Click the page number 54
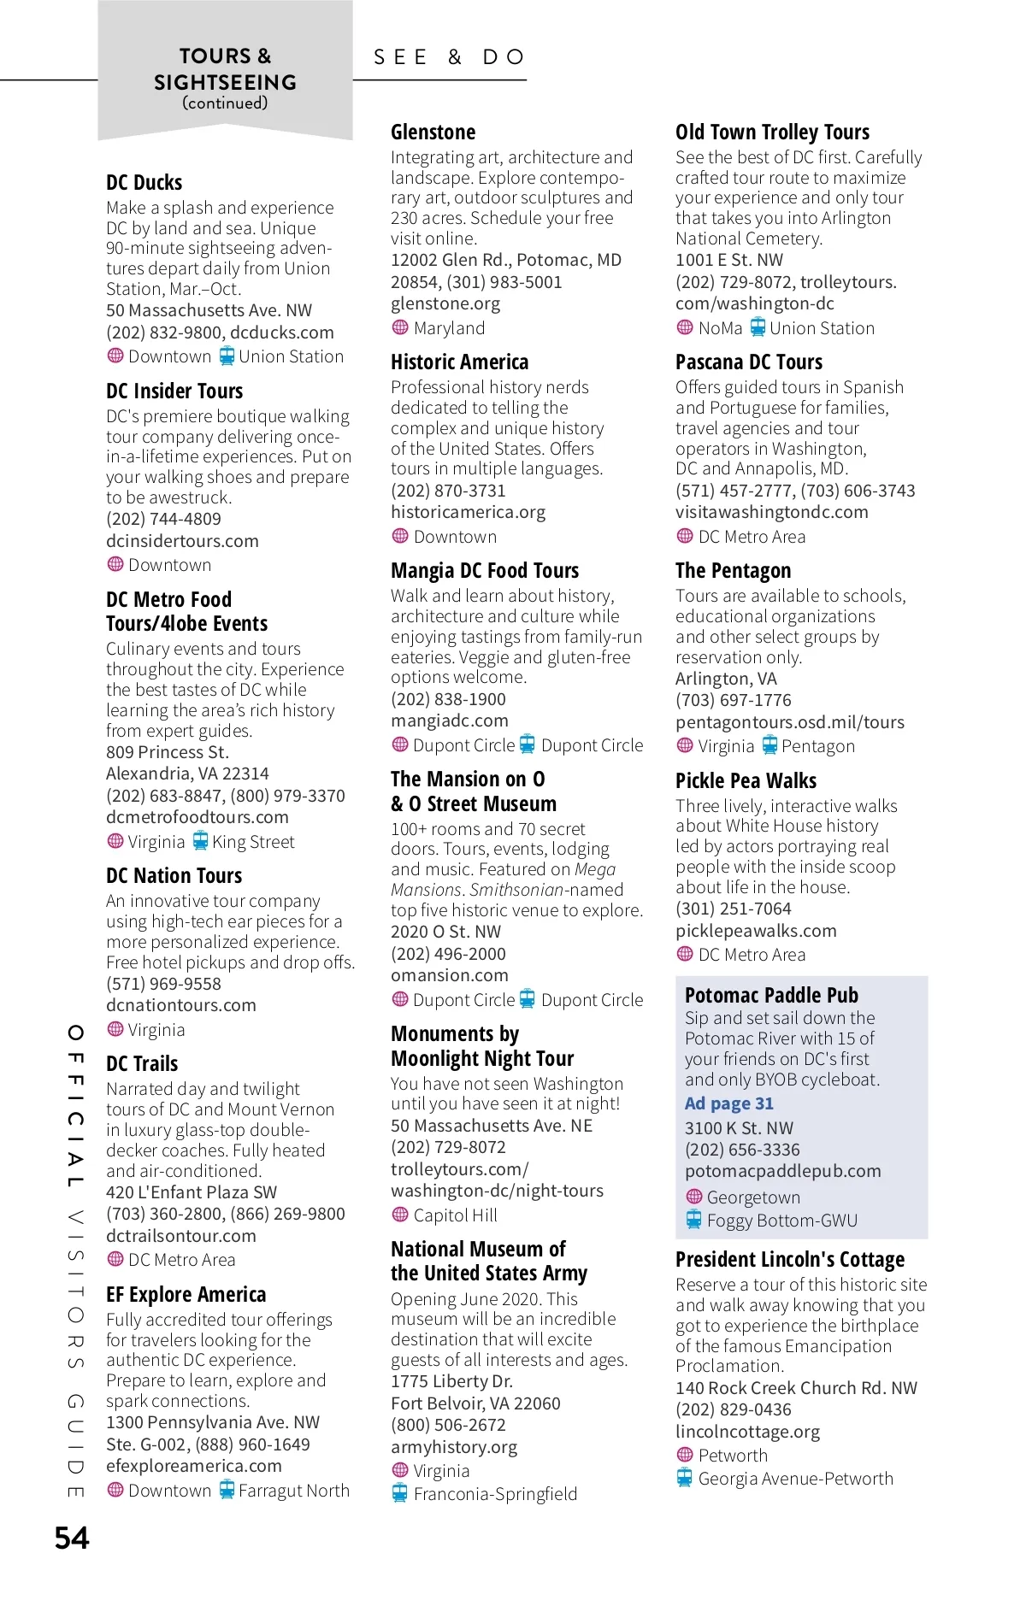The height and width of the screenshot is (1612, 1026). (72, 1538)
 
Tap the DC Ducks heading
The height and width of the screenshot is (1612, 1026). (144, 183)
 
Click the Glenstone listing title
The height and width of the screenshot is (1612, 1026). (433, 132)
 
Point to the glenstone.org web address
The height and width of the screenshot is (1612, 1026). (445, 303)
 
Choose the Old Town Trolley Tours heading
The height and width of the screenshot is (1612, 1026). (772, 132)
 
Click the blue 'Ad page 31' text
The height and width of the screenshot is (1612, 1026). (728, 1103)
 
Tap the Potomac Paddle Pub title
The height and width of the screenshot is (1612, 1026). (771, 996)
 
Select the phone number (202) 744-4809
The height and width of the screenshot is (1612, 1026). (163, 519)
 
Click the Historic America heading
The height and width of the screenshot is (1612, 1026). (459, 362)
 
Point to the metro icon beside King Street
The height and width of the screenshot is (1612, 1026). (200, 841)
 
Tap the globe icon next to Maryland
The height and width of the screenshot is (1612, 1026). (400, 327)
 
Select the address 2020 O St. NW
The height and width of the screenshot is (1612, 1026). (445, 932)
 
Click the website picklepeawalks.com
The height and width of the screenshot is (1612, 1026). (756, 931)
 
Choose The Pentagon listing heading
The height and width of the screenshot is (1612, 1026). (733, 571)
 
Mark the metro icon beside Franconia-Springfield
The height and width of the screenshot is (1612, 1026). (400, 1493)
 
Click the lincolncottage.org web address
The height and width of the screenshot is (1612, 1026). (747, 1432)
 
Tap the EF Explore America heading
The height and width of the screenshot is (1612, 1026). (186, 1295)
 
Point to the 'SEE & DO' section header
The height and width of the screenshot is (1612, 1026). (449, 57)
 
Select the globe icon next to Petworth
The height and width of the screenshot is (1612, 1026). (685, 1455)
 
